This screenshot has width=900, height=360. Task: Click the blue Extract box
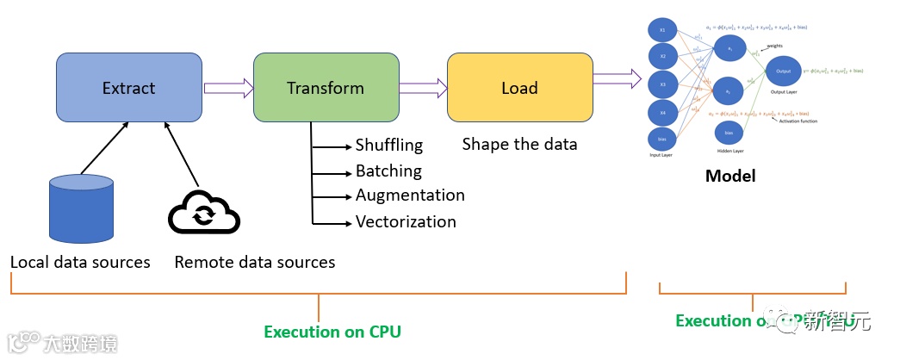coord(128,87)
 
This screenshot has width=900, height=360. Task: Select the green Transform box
coord(326,87)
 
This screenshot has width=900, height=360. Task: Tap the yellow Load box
coord(519,87)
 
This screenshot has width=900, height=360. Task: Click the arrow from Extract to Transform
coord(228,87)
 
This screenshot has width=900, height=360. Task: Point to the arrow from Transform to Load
coord(424,87)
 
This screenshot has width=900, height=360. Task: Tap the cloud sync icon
coord(203,213)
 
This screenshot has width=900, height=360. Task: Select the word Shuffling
coord(389,145)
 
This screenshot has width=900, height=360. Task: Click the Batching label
coord(388,171)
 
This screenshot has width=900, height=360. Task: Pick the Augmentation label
coord(410,196)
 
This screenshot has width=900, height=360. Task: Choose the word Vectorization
coord(406,221)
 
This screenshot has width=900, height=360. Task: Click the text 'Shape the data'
coord(519,144)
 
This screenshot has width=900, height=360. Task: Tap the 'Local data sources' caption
coord(80,261)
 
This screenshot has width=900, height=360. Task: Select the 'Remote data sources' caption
coord(255,261)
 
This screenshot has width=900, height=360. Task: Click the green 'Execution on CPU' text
coord(332,332)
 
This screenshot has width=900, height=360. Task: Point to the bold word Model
coord(729,176)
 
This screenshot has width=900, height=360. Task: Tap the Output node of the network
coord(783,71)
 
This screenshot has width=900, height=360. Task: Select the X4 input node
coord(662,112)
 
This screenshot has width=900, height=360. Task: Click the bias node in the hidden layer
coord(729,133)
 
